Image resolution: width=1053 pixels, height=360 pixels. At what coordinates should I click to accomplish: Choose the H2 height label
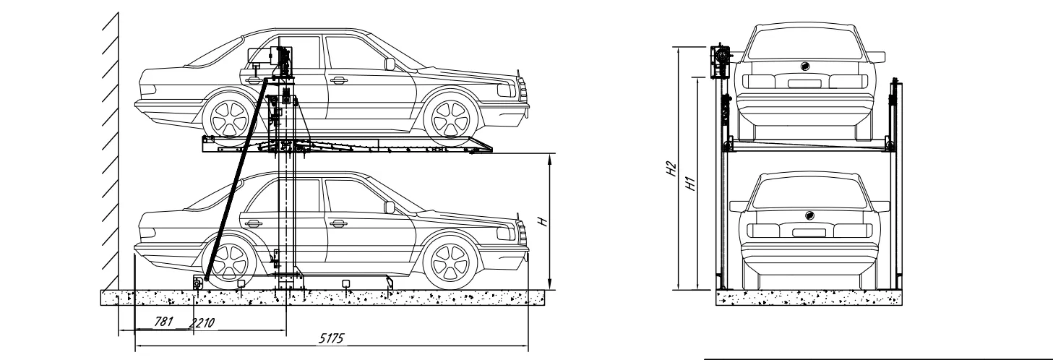(x=673, y=169)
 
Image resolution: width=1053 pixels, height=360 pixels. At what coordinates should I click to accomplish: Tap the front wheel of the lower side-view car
(x=450, y=262)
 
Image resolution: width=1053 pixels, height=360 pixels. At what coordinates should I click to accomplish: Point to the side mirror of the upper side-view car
(x=390, y=64)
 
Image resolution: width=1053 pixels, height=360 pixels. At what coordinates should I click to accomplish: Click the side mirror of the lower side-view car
(x=390, y=208)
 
